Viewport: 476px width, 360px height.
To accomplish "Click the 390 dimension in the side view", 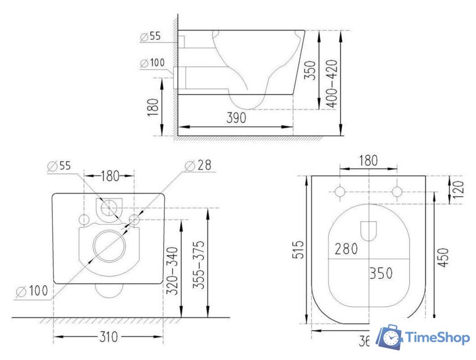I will pyautogui.click(x=236, y=118).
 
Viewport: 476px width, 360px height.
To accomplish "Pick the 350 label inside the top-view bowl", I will pyautogui.click(x=381, y=273).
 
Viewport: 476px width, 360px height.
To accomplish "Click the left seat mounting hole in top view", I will pyautogui.click(x=340, y=192).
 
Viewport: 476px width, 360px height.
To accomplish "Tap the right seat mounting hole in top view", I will pyautogui.click(x=398, y=192).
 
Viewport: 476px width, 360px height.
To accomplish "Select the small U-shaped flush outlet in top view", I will pyautogui.click(x=369, y=230).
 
